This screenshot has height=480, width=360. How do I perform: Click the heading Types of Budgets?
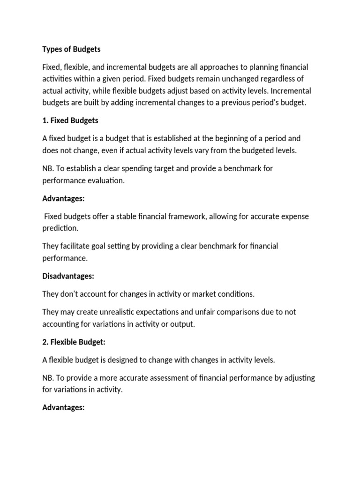71,49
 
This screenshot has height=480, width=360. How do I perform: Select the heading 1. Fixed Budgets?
70,120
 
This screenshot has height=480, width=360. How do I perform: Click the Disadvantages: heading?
68,276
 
